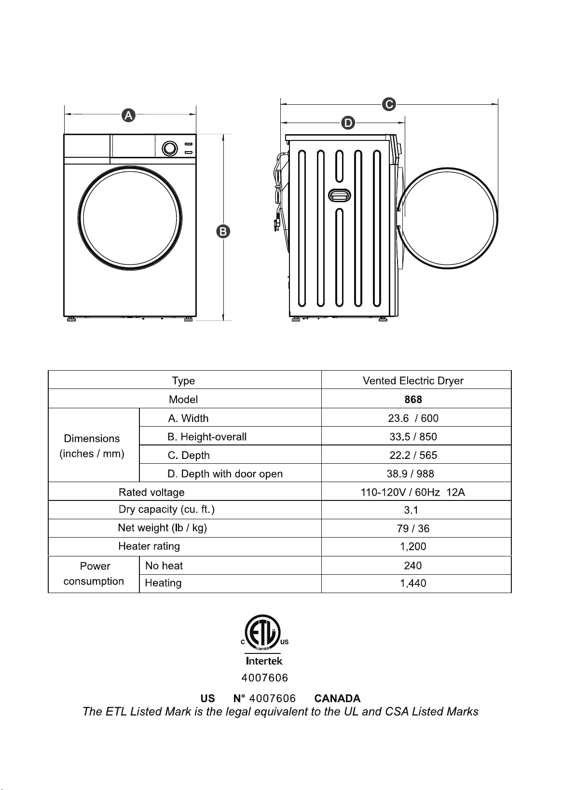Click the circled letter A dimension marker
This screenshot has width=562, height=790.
pos(129,115)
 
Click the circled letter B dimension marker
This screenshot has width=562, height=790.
pos(223,232)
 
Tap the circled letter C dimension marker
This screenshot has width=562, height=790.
pos(389,104)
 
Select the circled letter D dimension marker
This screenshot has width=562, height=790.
pos(348,123)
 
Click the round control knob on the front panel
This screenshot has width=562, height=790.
pos(170,149)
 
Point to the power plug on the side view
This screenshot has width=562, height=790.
pos(276,225)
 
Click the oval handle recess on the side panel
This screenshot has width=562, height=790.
pos(339,195)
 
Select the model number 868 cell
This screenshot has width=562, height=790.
pos(413,399)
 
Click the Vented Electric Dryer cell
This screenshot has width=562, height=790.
pos(413,381)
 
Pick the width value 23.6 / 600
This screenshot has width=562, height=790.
pos(413,418)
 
